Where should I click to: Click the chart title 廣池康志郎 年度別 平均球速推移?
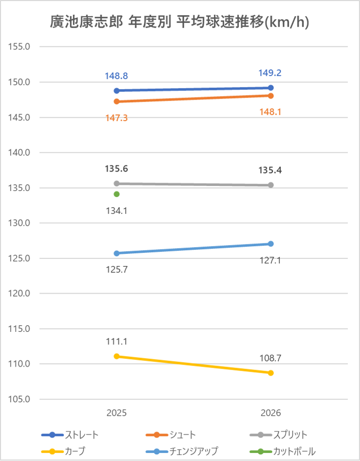tap(180, 22)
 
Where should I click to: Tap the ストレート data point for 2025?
tap(116, 90)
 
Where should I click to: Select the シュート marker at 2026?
tap(271, 95)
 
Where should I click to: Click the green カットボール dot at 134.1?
tap(116, 194)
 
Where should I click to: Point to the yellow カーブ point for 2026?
tap(271, 373)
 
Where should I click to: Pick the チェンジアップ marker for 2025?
tap(116, 253)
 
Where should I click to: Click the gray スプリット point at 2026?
tap(271, 185)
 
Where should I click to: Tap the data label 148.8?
tap(116, 76)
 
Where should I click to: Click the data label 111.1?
tap(116, 341)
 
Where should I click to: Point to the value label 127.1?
tap(271, 260)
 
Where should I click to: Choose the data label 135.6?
tap(116, 168)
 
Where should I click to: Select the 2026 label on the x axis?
tap(271, 413)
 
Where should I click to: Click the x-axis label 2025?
tap(116, 413)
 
